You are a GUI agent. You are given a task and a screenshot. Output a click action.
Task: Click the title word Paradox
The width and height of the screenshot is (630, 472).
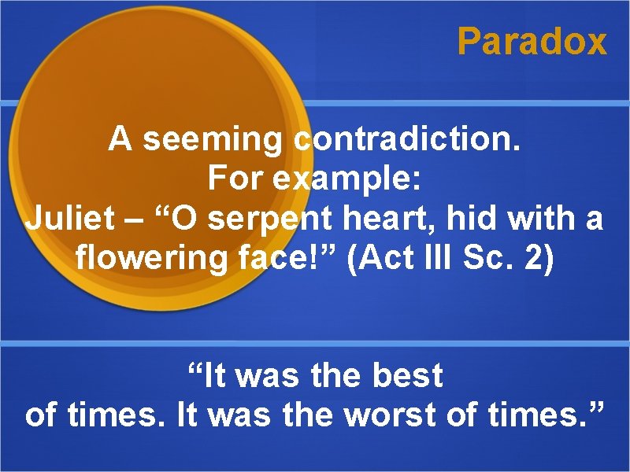532,41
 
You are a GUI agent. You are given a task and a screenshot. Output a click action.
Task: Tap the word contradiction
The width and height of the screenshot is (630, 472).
407,140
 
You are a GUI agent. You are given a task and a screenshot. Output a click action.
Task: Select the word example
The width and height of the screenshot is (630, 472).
347,179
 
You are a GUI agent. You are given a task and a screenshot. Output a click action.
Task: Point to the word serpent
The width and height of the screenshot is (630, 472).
243,218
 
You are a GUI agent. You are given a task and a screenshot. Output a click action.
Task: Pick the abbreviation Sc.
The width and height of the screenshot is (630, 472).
486,257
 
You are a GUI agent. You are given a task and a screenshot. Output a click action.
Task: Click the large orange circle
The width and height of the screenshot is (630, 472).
157,157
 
